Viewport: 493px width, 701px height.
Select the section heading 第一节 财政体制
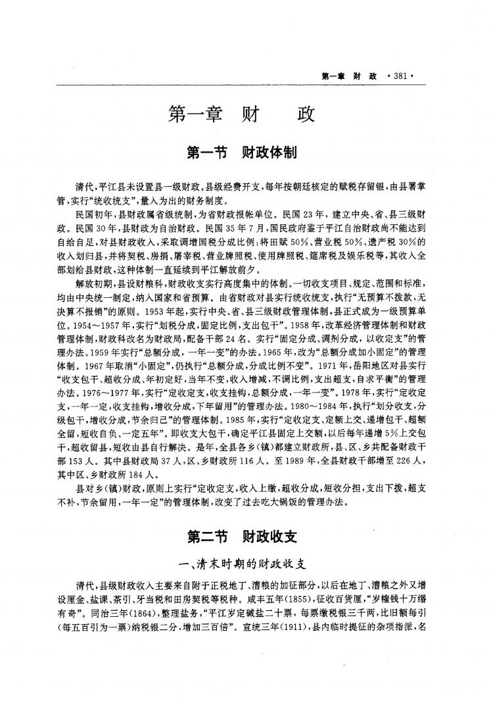coord(243,154)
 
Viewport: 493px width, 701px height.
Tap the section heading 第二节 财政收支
coord(243,536)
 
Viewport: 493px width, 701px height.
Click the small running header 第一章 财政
coord(348,76)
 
